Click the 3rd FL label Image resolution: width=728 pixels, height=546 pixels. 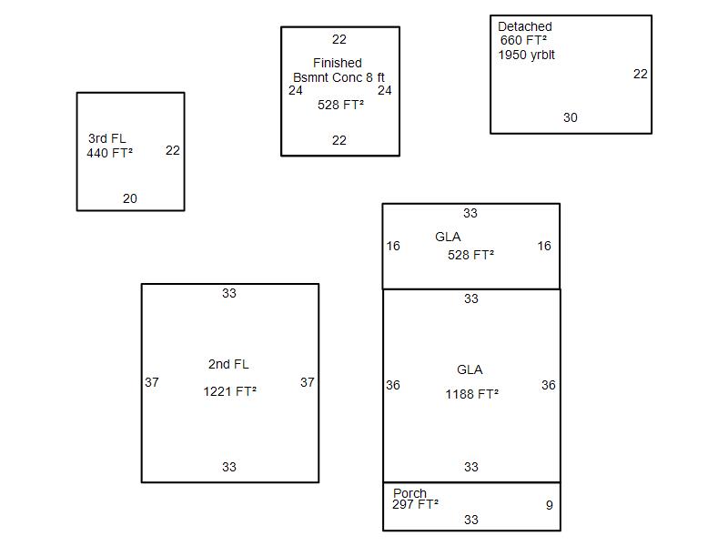click(x=107, y=138)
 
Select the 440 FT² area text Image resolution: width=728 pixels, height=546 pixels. click(x=109, y=153)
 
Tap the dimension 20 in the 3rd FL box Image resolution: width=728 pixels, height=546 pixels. click(x=130, y=198)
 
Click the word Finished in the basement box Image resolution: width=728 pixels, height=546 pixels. click(x=337, y=63)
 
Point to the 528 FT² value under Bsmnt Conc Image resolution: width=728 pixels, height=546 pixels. click(x=340, y=105)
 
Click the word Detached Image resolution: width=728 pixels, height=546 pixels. click(x=524, y=26)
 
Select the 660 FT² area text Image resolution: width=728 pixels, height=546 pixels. click(x=523, y=40)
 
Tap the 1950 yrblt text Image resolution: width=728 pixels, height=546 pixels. click(x=526, y=55)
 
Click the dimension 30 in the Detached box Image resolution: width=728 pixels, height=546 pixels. click(x=570, y=117)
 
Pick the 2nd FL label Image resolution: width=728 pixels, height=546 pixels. click(x=228, y=364)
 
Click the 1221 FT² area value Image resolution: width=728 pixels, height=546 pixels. click(x=229, y=392)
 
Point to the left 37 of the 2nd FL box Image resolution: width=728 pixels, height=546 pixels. click(x=152, y=382)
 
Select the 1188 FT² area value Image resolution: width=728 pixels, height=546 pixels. click(x=471, y=394)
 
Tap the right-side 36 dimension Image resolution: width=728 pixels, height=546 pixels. click(x=548, y=385)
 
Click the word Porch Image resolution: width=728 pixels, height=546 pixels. click(x=409, y=493)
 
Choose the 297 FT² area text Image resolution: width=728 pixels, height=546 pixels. click(x=415, y=504)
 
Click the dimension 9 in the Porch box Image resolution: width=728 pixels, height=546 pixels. click(x=549, y=505)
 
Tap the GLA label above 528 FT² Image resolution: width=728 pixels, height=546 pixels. click(x=448, y=237)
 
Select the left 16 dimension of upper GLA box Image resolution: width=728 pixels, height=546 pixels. click(x=393, y=246)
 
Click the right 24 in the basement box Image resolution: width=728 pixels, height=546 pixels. click(x=385, y=90)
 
